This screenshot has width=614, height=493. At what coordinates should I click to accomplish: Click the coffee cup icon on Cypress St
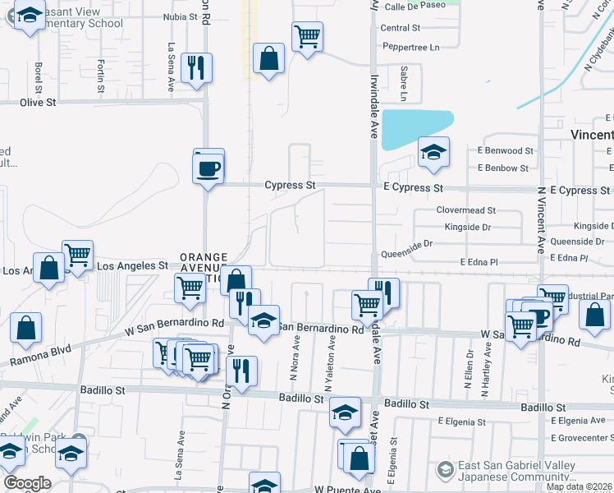(208, 169)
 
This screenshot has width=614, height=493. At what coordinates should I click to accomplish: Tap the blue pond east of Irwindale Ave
(415, 127)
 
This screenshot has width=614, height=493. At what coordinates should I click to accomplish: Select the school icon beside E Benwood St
(433, 152)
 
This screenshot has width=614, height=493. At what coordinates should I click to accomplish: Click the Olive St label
(38, 103)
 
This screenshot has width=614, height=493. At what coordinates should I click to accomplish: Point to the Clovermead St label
(466, 211)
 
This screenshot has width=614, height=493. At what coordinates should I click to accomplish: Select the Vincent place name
(591, 134)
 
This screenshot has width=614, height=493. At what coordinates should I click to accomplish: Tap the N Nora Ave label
(296, 362)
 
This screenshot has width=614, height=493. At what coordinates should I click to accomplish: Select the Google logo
(27, 483)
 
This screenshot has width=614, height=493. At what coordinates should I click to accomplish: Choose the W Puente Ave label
(345, 489)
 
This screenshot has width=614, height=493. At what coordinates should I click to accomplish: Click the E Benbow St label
(503, 168)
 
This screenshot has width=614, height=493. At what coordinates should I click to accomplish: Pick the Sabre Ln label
(404, 80)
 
